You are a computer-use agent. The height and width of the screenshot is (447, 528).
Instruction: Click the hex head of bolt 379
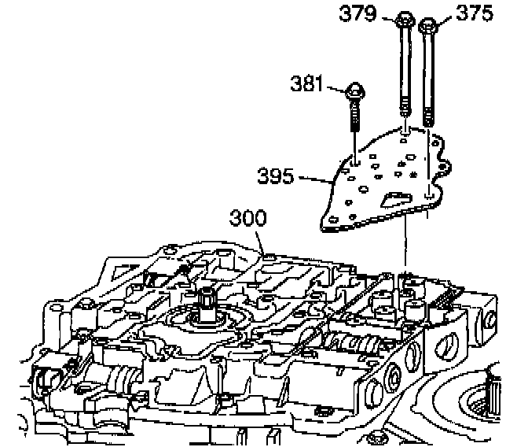coord(404,19)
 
